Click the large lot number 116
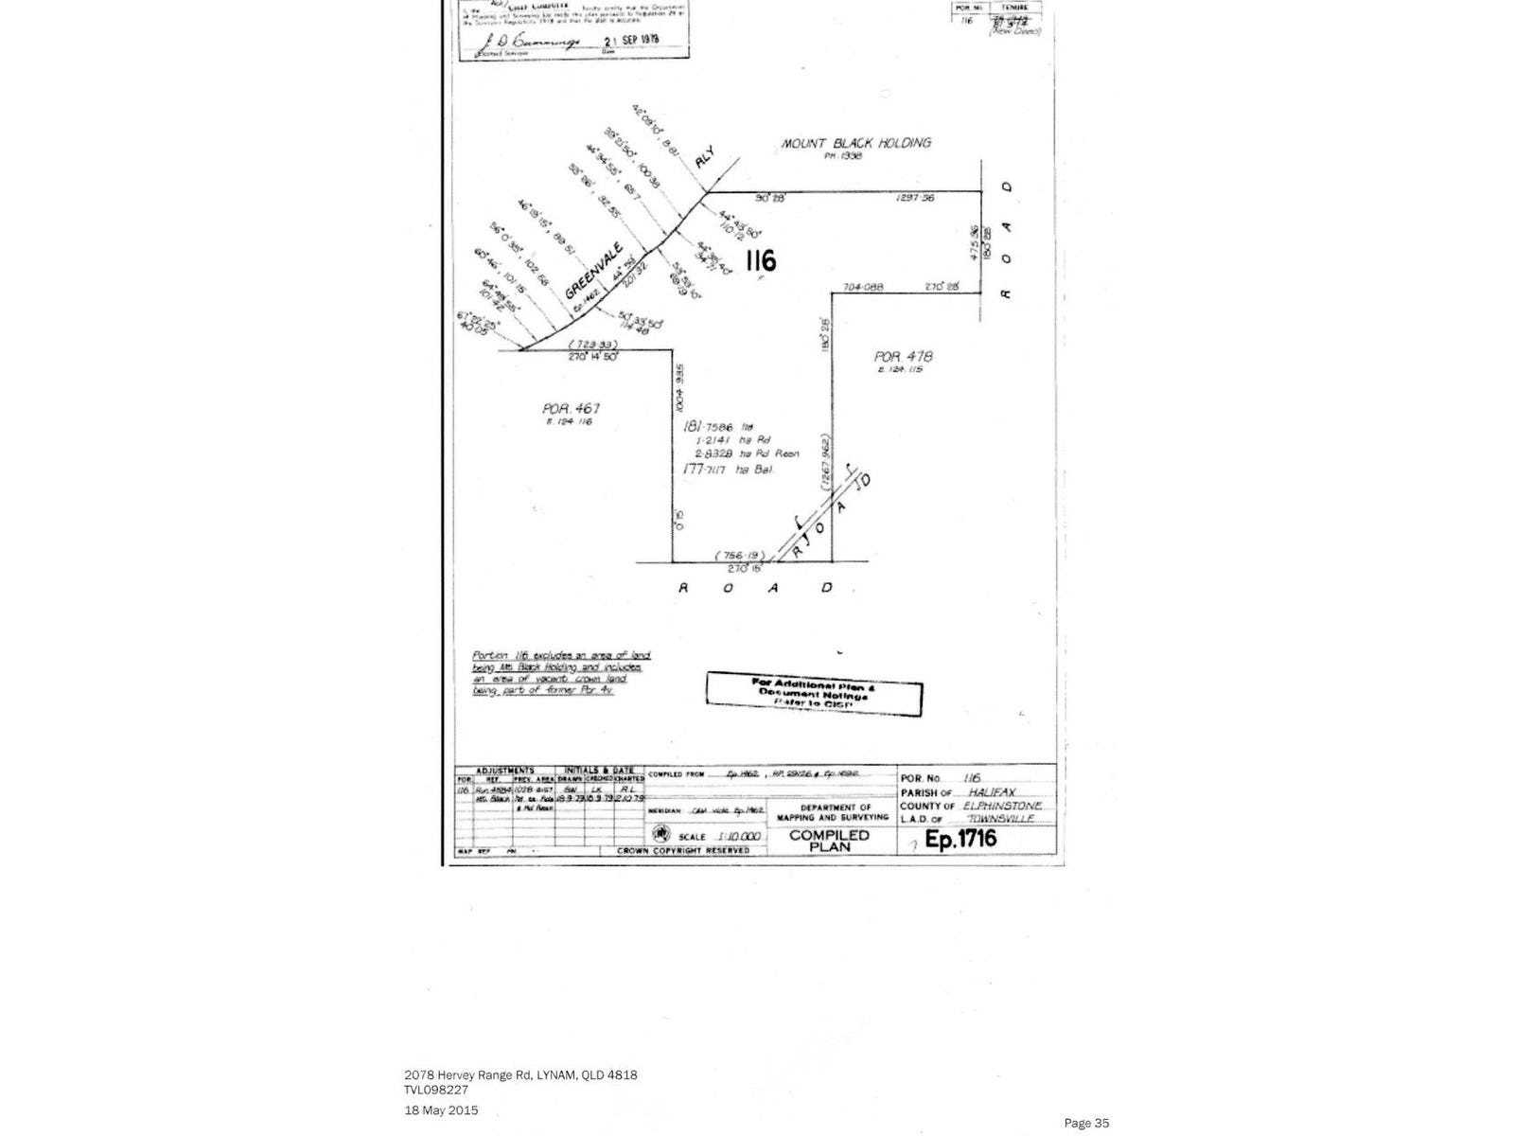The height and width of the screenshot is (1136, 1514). (761, 258)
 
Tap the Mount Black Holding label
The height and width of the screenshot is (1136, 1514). (855, 144)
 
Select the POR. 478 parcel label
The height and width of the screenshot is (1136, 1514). (903, 357)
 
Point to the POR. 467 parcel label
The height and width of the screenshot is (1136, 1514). (572, 409)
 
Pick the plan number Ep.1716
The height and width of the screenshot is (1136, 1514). (960, 838)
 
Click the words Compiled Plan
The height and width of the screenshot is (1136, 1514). (829, 841)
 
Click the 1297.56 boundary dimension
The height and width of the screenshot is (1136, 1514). (916, 198)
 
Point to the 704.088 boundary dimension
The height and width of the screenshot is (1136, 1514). (861, 287)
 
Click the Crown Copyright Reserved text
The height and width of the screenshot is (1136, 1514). (682, 850)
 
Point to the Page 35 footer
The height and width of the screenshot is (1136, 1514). (1085, 1123)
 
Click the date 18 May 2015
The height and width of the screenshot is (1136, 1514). (441, 1109)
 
